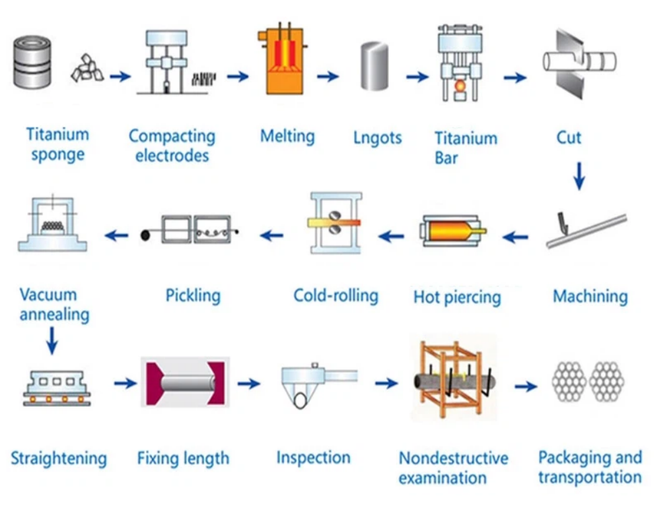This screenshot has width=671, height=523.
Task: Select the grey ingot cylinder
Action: click(374, 65)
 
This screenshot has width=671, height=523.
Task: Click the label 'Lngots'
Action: click(377, 138)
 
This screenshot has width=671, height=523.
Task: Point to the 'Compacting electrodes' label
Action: click(172, 146)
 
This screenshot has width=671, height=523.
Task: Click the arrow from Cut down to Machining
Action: click(579, 175)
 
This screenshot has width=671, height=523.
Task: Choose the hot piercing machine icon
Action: click(452, 232)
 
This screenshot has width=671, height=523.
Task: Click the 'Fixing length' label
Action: click(183, 458)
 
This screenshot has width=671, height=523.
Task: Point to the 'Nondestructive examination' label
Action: click(453, 468)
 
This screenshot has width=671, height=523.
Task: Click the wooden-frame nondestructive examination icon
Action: click(454, 381)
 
